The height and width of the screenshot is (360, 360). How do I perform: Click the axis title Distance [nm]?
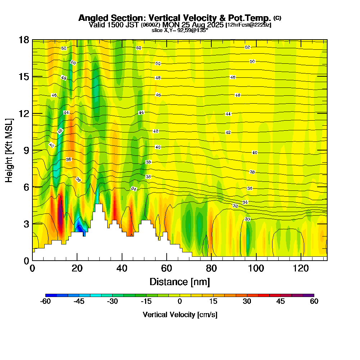pos(180,282)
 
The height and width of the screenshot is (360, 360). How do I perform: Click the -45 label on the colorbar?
pos(79,302)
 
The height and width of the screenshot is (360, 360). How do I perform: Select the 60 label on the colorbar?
pos(314,302)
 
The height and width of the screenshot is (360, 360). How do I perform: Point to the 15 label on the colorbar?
pos(213,302)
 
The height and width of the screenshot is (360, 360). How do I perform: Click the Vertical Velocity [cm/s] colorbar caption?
pos(180,315)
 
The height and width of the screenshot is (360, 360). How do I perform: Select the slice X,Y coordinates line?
pos(180,30)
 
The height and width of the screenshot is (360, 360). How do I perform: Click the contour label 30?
pos(247,219)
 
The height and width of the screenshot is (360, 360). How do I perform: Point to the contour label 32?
pos(235,206)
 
